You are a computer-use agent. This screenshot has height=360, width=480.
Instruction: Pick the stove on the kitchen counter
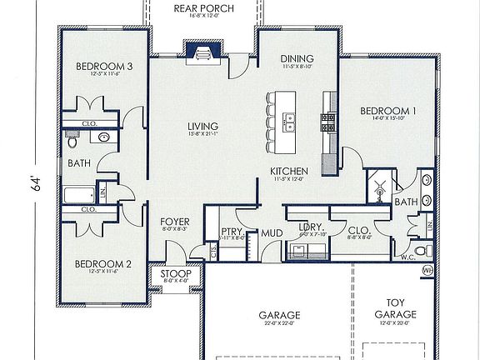click(x=328, y=122)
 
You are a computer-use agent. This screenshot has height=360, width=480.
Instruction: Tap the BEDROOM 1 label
click(x=387, y=110)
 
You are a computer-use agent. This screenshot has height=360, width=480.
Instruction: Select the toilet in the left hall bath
click(x=72, y=142)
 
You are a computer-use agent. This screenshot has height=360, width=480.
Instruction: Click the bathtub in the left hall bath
click(x=80, y=197)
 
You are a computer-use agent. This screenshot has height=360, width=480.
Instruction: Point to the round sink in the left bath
click(x=104, y=137)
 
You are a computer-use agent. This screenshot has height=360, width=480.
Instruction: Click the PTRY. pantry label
click(x=231, y=232)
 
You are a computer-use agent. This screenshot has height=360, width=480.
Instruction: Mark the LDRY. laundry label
click(x=310, y=227)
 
